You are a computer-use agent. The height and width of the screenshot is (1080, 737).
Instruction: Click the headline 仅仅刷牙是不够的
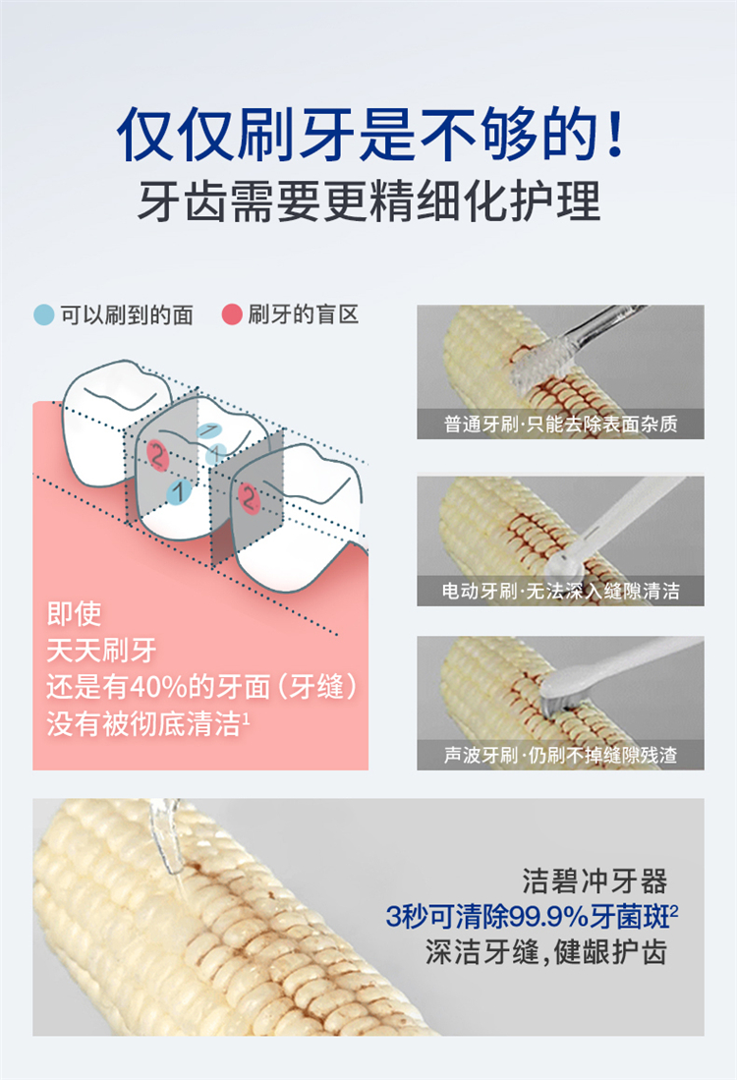coord(356,133)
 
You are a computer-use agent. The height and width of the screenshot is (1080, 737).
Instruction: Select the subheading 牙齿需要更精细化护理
coord(369,200)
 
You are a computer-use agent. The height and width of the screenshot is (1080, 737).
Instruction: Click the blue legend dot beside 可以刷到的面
coord(44,314)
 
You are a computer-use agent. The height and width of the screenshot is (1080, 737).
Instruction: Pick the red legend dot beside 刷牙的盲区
coord(232,314)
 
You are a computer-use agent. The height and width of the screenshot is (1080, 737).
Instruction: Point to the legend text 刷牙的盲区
coord(303,314)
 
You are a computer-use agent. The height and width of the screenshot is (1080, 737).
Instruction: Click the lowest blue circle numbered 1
coord(179,491)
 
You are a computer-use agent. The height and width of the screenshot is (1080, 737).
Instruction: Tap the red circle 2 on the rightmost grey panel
coord(249,497)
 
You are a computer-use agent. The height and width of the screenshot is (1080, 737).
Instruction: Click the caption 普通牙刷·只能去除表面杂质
coord(560,424)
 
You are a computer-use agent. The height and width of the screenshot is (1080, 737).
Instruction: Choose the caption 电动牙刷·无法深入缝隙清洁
coord(560,591)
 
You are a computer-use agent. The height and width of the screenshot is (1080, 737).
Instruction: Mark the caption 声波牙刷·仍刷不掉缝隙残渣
coord(560,755)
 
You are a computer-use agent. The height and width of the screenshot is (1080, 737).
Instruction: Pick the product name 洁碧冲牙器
coord(595,881)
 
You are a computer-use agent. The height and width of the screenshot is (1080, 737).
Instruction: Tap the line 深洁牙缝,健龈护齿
coord(546,952)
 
